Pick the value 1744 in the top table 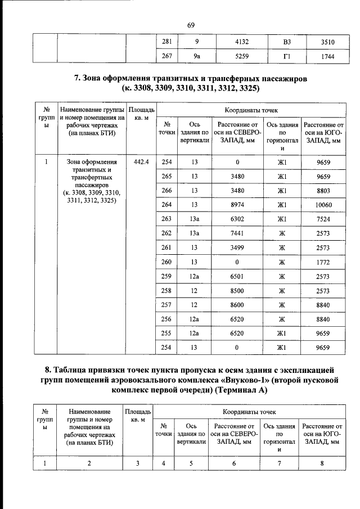[323, 57]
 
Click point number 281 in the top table [166, 41]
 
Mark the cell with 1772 [323, 262]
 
